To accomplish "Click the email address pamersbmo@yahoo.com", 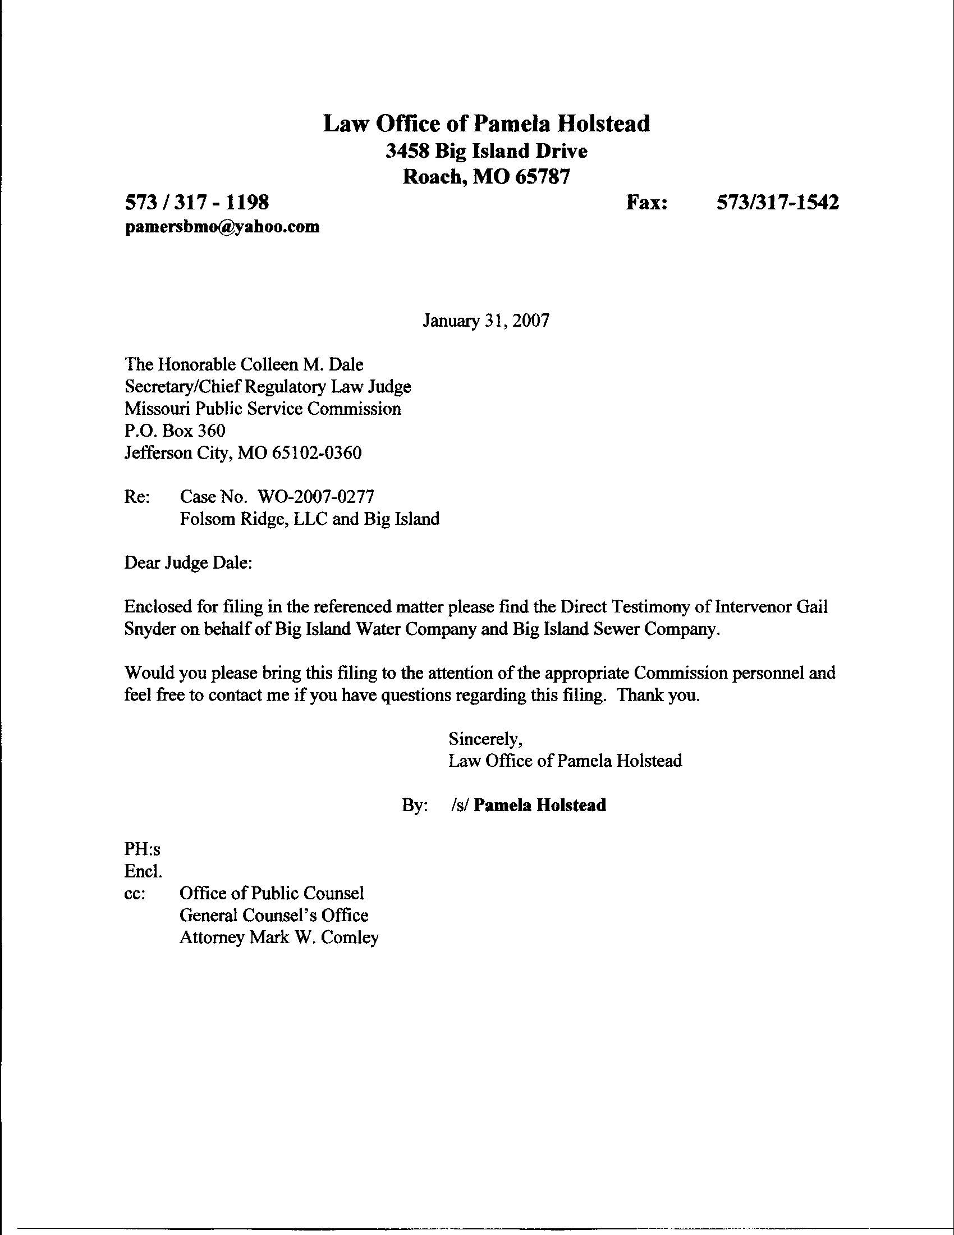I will pyautogui.click(x=222, y=227).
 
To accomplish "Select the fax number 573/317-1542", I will pyautogui.click(x=777, y=202).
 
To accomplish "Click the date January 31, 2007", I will pyautogui.click(x=485, y=321).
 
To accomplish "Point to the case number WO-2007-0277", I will pyautogui.click(x=315, y=496).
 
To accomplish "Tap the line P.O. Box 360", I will pyautogui.click(x=175, y=431).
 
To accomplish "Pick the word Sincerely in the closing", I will pyautogui.click(x=485, y=739).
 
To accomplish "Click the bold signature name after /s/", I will pyautogui.click(x=540, y=804).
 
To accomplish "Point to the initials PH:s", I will pyautogui.click(x=143, y=849).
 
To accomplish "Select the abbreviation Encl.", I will pyautogui.click(x=143, y=871).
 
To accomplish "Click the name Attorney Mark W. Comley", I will pyautogui.click(x=279, y=937).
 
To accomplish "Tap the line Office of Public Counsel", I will pyautogui.click(x=272, y=893).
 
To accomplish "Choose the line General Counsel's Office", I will pyautogui.click(x=273, y=915).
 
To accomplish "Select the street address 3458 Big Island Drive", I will pyautogui.click(x=486, y=151).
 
